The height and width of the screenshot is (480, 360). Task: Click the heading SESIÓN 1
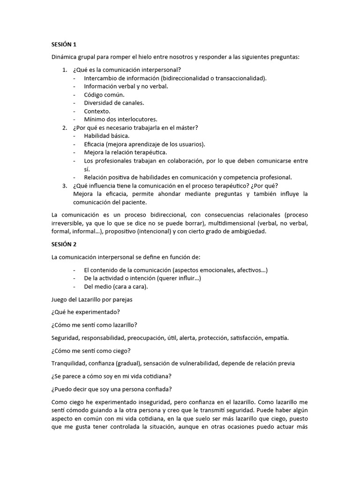pyautogui.click(x=63, y=45)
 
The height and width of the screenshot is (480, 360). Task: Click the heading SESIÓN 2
pyautogui.click(x=63, y=244)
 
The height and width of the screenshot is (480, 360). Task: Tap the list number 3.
pyautogui.click(x=65, y=186)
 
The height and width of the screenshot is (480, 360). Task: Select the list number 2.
pyautogui.click(x=65, y=127)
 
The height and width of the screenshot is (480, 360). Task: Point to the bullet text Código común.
pyautogui.click(x=104, y=95)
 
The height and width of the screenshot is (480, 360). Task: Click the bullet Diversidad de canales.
pyautogui.click(x=114, y=103)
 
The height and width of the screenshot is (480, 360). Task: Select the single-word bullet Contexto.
pyautogui.click(x=97, y=111)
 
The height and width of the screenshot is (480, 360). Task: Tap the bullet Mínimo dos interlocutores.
pyautogui.click(x=120, y=119)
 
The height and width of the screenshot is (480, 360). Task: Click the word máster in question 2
pyautogui.click(x=187, y=127)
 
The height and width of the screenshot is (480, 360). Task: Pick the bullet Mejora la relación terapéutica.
pyautogui.click(x=125, y=152)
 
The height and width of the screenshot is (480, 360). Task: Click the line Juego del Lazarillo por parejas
pyautogui.click(x=94, y=300)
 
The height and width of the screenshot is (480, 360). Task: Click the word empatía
pyautogui.click(x=277, y=338)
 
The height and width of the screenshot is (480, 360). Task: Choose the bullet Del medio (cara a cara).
pyautogui.click(x=116, y=287)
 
